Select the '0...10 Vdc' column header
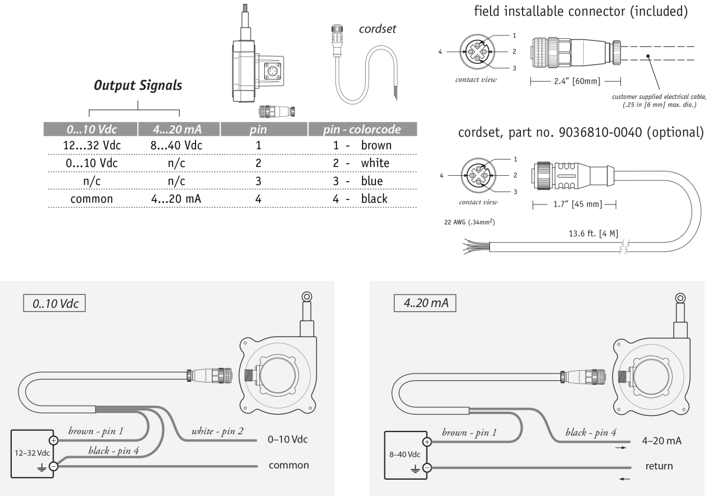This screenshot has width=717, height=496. [90, 130]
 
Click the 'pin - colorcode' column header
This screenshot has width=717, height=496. [362, 130]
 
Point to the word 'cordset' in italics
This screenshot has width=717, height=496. [378, 29]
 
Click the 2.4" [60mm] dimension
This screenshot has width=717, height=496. [575, 82]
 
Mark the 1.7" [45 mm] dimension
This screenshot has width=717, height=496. [573, 204]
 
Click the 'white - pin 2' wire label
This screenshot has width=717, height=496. [218, 431]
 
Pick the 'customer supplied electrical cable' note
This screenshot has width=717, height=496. [654, 98]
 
